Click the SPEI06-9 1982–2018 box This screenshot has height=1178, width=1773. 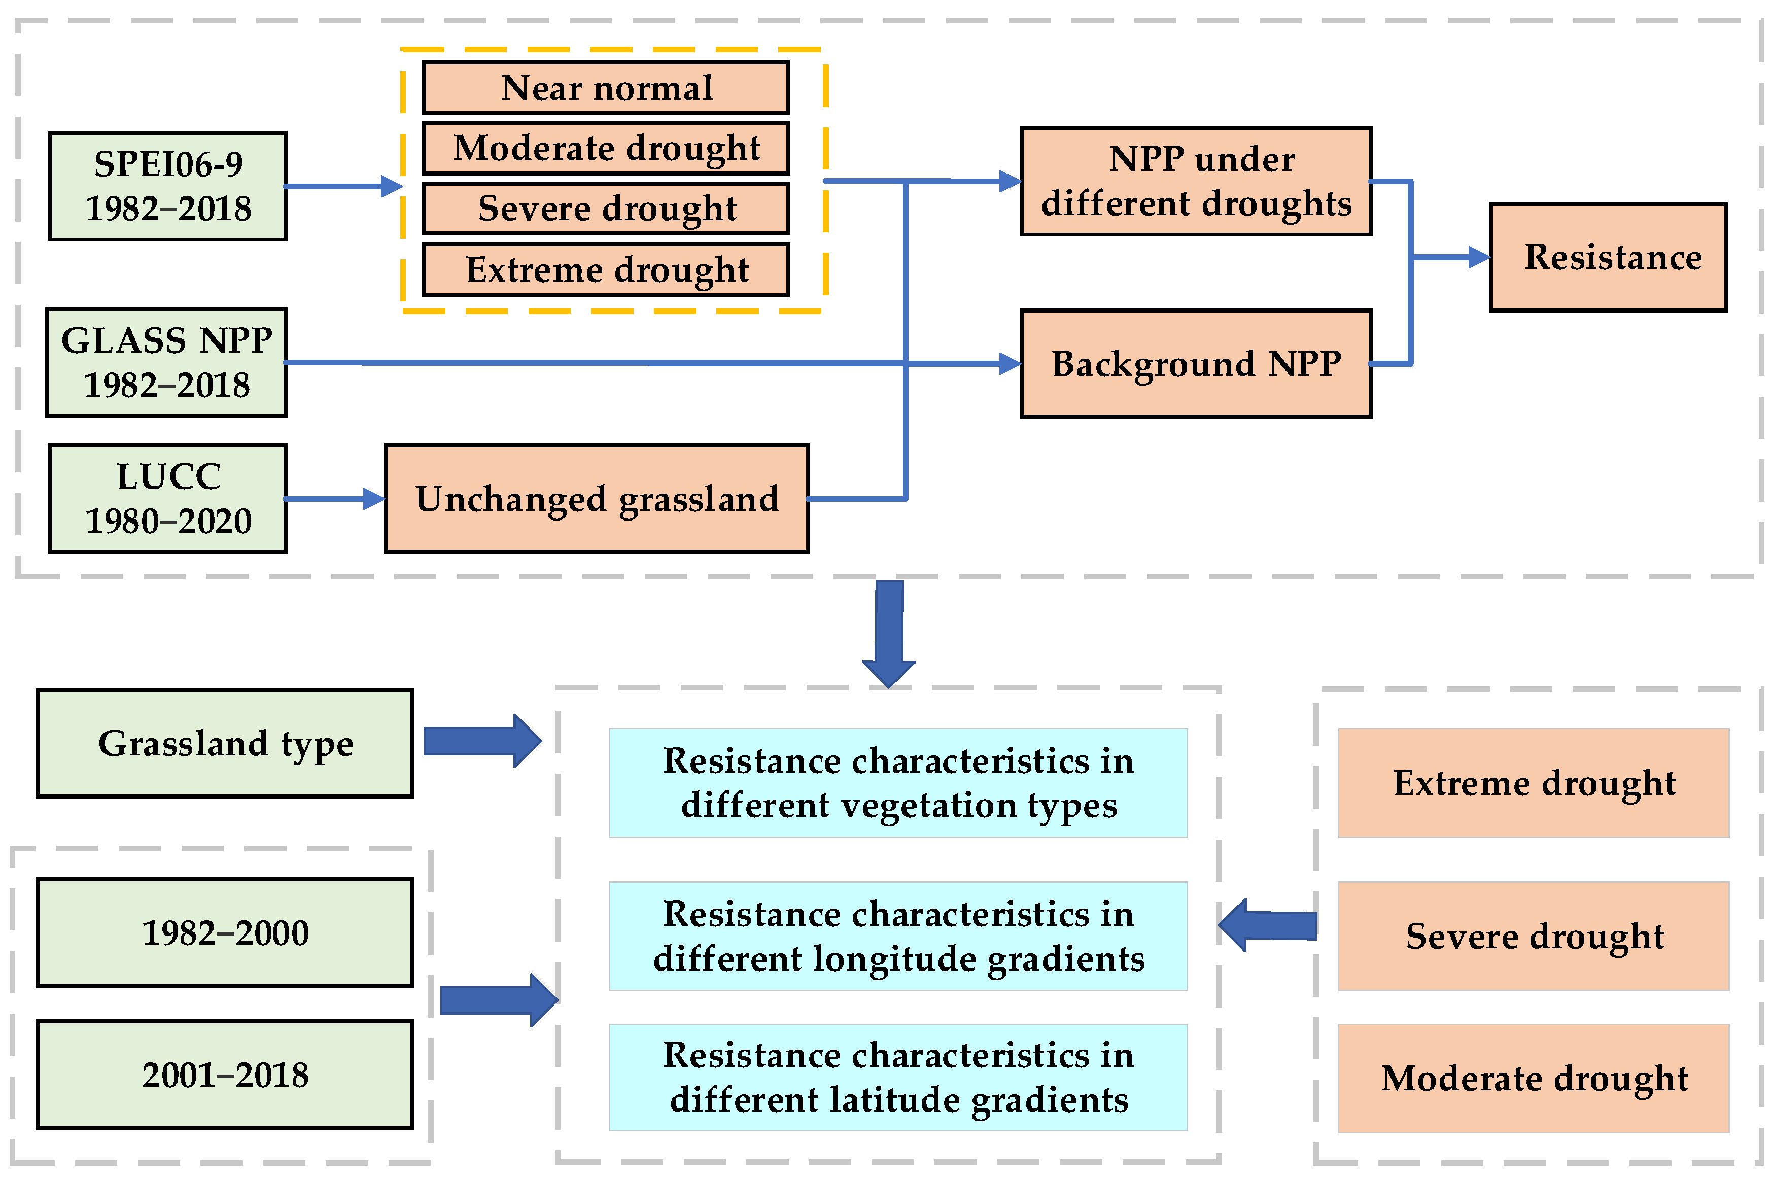tap(167, 186)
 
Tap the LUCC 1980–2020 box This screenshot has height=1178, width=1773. tap(167, 498)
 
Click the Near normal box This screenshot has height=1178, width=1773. tap(606, 88)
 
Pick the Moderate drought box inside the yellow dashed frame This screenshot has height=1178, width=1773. tap(606, 148)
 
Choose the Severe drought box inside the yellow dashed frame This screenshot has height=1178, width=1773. tap(606, 208)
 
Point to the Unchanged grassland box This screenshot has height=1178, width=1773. tap(597, 498)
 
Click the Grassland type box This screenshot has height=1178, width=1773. tap(225, 743)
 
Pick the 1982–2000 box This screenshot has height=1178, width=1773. tap(225, 932)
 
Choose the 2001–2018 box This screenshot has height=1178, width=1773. tap(225, 1075)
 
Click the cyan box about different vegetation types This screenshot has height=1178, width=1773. tap(898, 783)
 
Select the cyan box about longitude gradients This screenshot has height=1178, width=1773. tap(898, 936)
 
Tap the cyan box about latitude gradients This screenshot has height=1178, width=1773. tap(898, 1078)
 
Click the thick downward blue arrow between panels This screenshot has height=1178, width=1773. tap(889, 635)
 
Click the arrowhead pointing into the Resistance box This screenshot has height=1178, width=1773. tap(1478, 257)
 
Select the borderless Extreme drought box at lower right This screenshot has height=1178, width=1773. tap(1534, 783)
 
